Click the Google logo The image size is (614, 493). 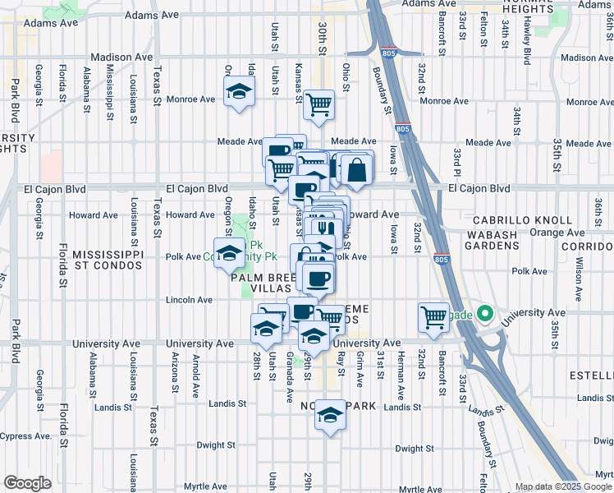(x=27, y=483)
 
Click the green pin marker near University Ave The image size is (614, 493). (x=484, y=314)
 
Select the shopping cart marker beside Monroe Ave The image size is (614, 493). (x=318, y=104)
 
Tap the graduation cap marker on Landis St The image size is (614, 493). (x=330, y=415)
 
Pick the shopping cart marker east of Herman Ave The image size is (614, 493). (x=433, y=316)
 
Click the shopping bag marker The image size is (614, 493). (x=357, y=170)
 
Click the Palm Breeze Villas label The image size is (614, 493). (x=262, y=283)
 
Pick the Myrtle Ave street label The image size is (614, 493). (x=205, y=486)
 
